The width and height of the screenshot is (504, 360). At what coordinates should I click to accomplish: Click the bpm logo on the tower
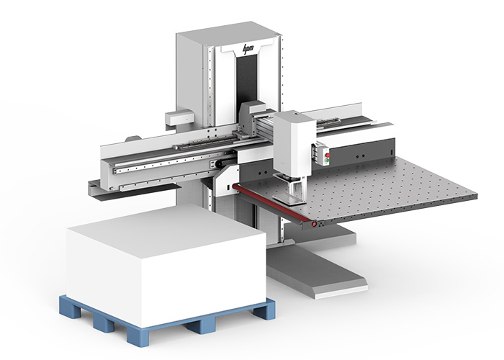coord(248,49)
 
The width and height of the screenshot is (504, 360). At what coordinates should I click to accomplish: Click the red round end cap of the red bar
coord(314,224)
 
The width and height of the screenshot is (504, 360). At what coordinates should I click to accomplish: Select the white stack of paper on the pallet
coord(166,264)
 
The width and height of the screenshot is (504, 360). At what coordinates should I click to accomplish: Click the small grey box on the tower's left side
coord(179,117)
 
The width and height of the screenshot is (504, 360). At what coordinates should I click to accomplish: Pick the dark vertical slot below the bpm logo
coord(247,80)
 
